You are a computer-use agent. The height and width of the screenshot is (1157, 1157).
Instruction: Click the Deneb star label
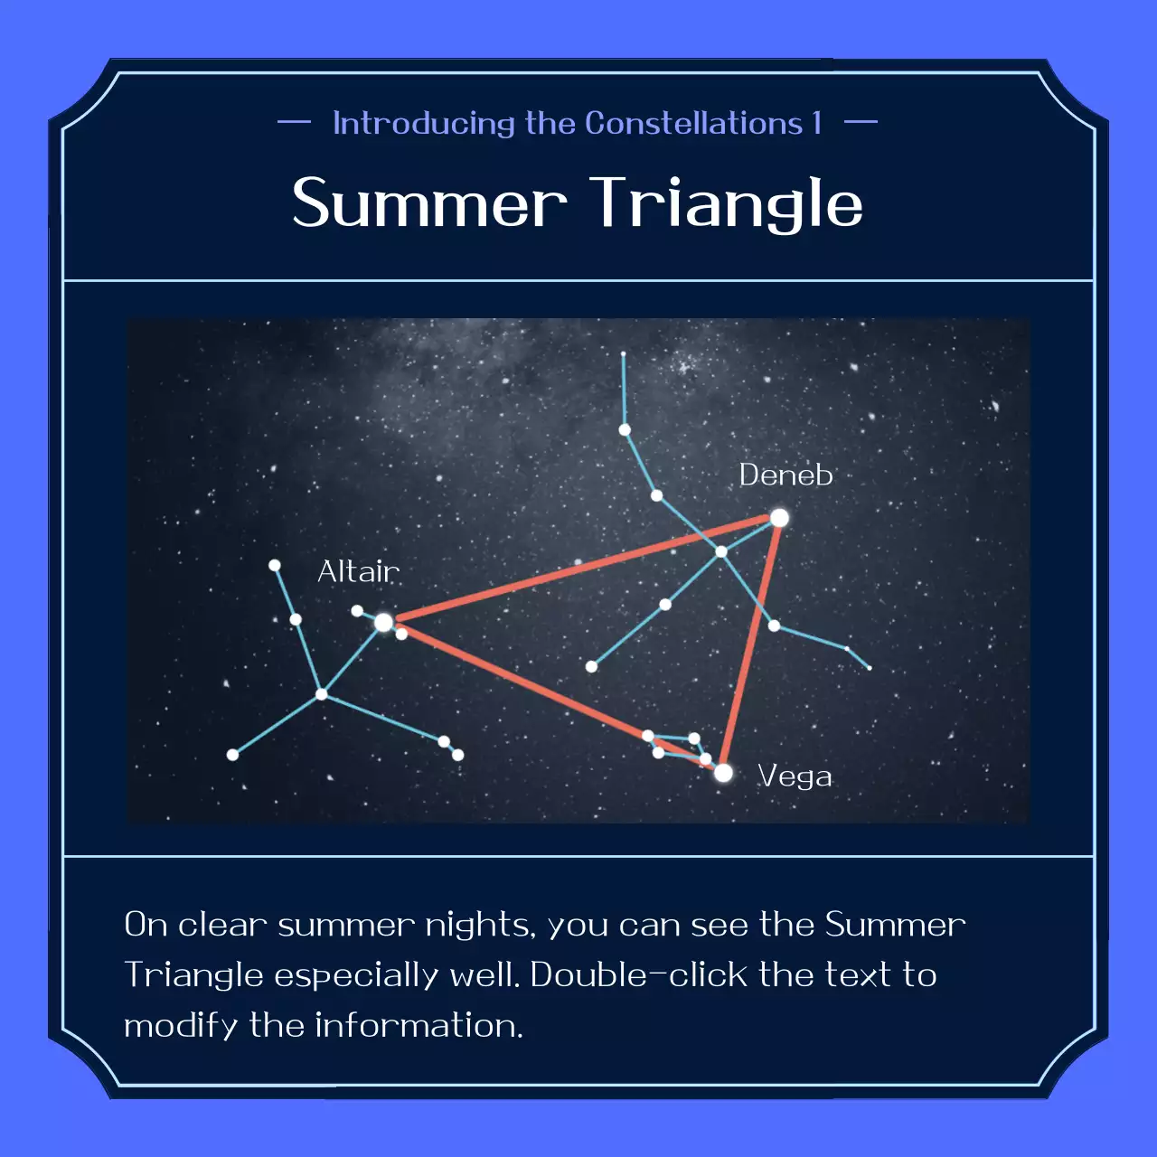point(785,475)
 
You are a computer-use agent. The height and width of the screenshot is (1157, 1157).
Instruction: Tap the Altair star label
point(358,571)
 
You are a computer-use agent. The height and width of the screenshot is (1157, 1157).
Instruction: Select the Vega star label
point(795,776)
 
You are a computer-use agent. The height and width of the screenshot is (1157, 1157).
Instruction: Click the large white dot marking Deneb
point(779,518)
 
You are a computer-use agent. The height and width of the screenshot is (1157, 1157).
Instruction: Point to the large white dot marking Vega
point(723,773)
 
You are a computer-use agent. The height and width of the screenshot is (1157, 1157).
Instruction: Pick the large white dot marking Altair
point(383,622)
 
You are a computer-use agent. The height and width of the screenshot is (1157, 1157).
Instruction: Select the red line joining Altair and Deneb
point(578,570)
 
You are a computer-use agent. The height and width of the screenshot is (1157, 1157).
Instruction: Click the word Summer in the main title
point(429,203)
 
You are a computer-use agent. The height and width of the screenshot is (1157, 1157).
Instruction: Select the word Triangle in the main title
point(728,205)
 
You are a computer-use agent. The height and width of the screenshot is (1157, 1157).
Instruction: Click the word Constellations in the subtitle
point(694,123)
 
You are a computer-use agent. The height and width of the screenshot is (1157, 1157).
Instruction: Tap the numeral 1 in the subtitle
point(817,123)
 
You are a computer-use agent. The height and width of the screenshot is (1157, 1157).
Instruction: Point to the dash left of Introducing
point(294,122)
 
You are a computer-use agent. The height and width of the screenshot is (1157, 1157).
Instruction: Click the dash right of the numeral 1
point(861,122)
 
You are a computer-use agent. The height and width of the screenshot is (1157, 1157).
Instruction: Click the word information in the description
point(419,1026)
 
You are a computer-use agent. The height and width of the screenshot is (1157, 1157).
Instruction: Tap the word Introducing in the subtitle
point(424,123)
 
